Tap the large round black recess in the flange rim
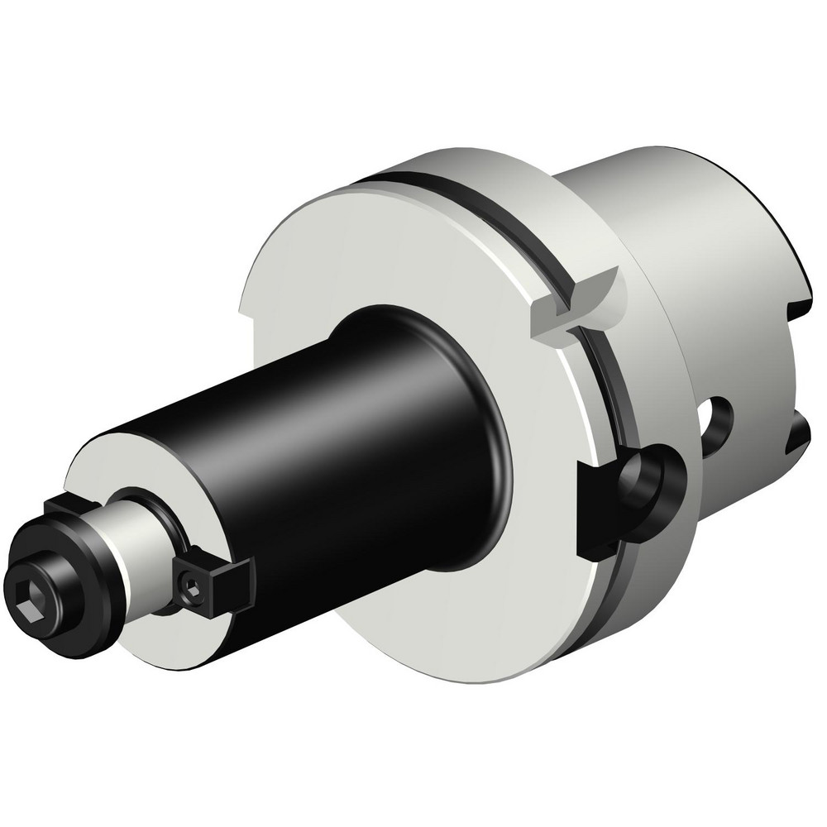[x=653, y=480]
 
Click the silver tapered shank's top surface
[x=662, y=182]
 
